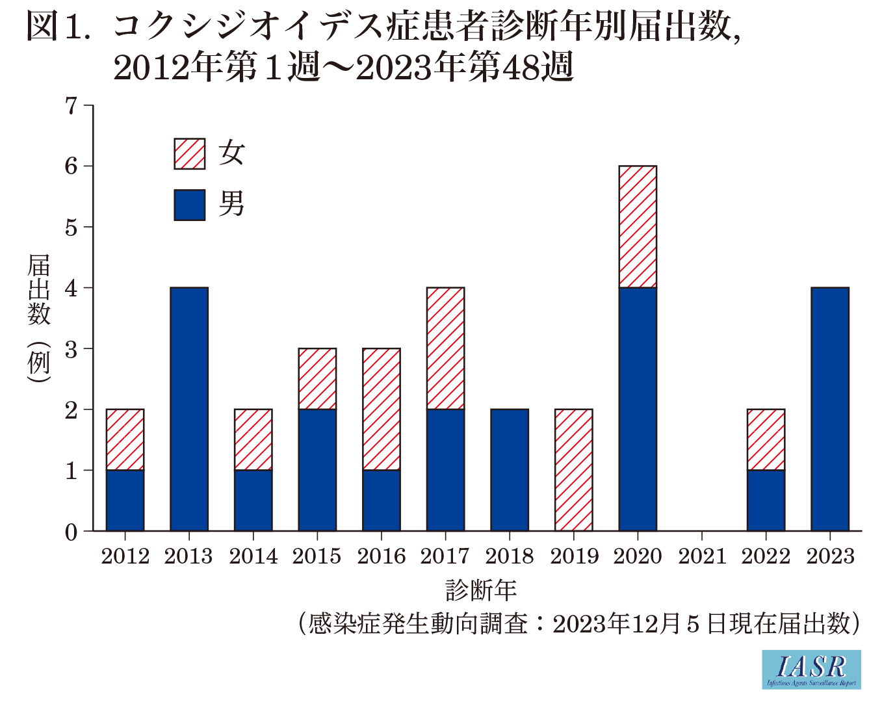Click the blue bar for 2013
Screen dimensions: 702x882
pos(189,409)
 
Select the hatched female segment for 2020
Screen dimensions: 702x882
pos(638,226)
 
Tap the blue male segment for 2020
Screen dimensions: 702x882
pos(638,409)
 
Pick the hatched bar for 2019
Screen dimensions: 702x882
pos(573,470)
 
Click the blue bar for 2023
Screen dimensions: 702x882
pos(830,409)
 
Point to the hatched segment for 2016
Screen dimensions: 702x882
pos(382,409)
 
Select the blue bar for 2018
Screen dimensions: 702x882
pos(510,470)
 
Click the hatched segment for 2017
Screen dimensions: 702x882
pos(445,348)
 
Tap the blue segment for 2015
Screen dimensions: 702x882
pos(317,470)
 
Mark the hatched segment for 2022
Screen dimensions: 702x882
pos(766,439)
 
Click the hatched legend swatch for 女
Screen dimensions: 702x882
pos(190,154)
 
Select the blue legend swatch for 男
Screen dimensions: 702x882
pos(190,205)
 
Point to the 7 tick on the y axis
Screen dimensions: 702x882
pos(71,105)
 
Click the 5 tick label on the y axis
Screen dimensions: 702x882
pos(71,227)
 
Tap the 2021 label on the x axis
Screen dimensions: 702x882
pos(702,556)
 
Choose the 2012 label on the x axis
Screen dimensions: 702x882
pos(125,556)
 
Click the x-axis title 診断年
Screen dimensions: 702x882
pos(481,590)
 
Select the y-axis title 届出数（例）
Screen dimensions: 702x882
pos(39,318)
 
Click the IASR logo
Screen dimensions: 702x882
pos(811,669)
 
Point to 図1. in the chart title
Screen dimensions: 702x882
pos(58,27)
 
